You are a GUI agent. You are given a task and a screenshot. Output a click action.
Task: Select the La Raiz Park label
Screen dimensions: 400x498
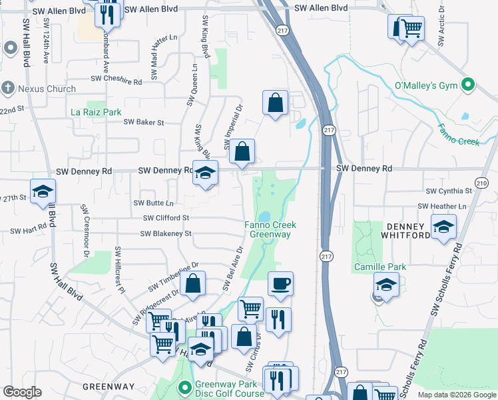point(96,112)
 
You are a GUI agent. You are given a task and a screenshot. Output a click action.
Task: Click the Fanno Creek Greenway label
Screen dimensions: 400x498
point(270,229)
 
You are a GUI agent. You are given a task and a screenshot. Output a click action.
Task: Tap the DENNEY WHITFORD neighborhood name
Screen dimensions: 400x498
point(407,230)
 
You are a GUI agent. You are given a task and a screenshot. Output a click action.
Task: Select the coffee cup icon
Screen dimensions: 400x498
point(280,283)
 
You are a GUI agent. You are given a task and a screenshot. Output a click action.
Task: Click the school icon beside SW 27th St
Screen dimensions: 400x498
point(43,191)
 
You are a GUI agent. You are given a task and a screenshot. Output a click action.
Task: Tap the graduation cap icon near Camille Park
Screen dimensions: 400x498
point(386,285)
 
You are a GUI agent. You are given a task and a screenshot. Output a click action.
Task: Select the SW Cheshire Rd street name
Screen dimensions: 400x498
point(117,82)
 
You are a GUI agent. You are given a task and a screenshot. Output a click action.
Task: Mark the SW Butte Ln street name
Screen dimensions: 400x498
point(153,203)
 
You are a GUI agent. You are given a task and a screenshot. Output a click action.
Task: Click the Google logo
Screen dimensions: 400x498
point(22,392)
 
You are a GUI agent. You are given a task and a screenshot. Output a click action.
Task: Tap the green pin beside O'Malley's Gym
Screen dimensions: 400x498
point(468,85)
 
